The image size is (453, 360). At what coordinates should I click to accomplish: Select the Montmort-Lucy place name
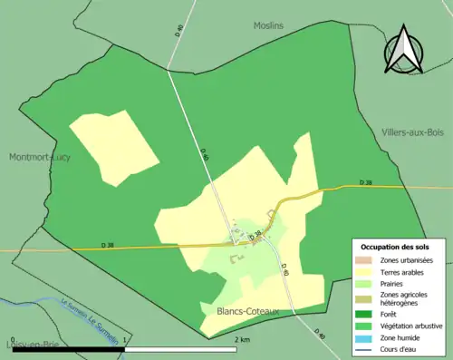[40, 157]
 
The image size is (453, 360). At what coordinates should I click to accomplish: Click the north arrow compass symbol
[404, 54]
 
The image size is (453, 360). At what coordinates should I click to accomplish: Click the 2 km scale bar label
[241, 339]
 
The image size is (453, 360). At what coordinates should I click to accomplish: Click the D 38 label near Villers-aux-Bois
[365, 182]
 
